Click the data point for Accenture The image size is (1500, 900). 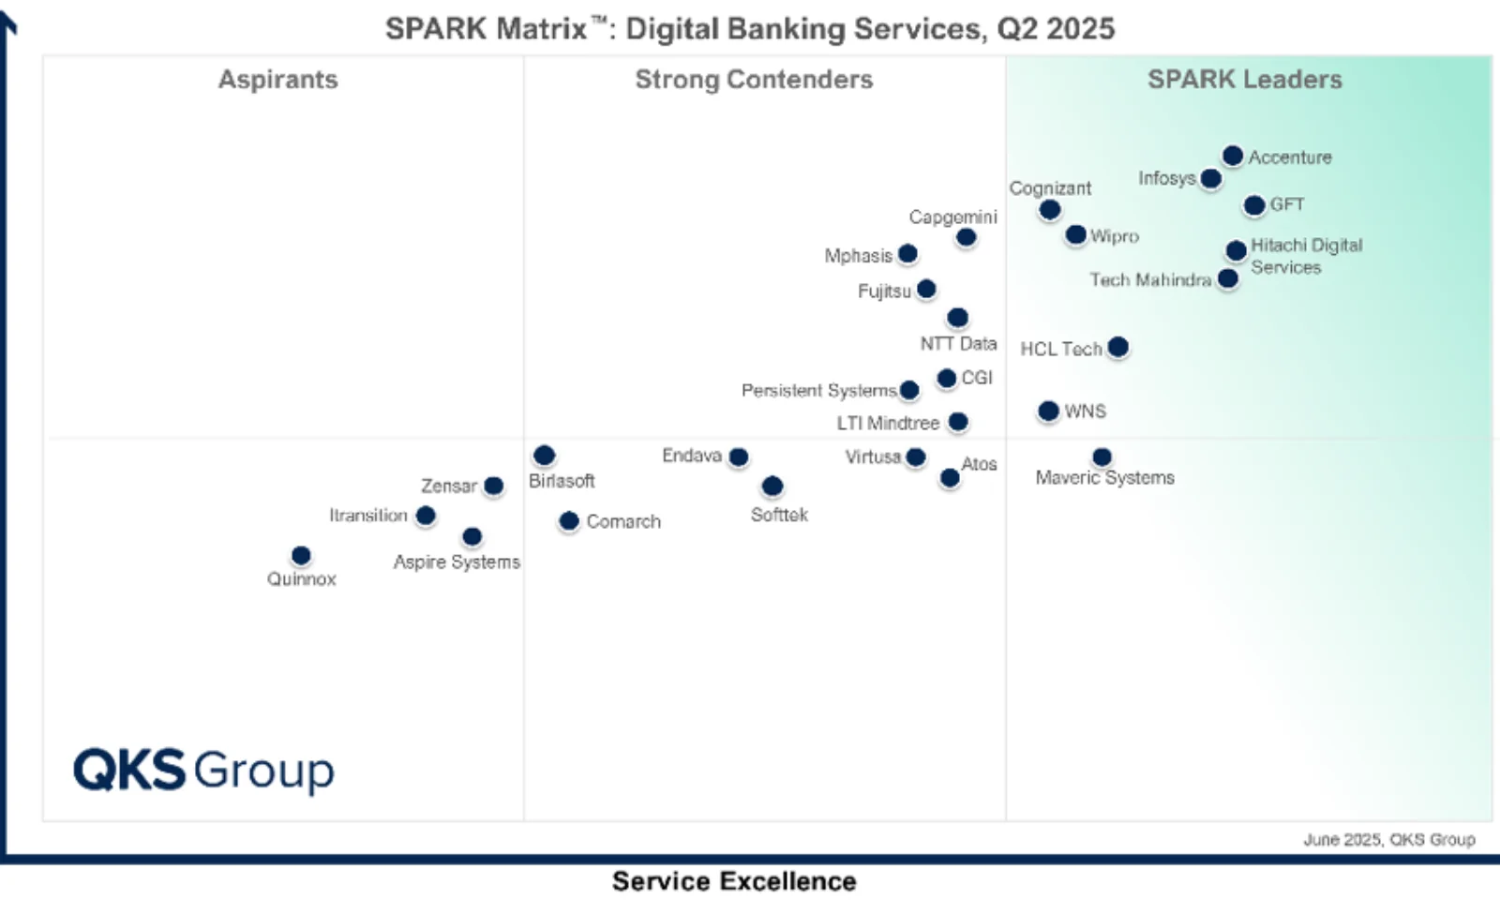[1233, 156]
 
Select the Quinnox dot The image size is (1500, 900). [301, 556]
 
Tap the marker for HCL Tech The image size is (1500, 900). [1117, 348]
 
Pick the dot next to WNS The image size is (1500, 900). [1048, 411]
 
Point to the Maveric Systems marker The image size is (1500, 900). [1102, 457]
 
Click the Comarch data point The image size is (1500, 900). [569, 521]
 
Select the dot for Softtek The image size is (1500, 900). [772, 486]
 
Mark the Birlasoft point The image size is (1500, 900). [544, 456]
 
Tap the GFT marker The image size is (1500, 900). [1254, 205]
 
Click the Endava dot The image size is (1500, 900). [739, 457]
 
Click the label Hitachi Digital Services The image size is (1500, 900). [1306, 256]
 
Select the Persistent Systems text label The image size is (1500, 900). [818, 390]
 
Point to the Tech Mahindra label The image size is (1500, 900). [1150, 279]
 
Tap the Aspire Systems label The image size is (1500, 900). [457, 562]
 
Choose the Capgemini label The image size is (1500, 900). [952, 217]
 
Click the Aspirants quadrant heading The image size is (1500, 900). [277, 80]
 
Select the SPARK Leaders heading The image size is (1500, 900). [1244, 80]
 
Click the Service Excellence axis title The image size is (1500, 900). [734, 881]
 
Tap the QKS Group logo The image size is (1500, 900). [203, 771]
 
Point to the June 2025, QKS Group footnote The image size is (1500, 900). [1388, 839]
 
